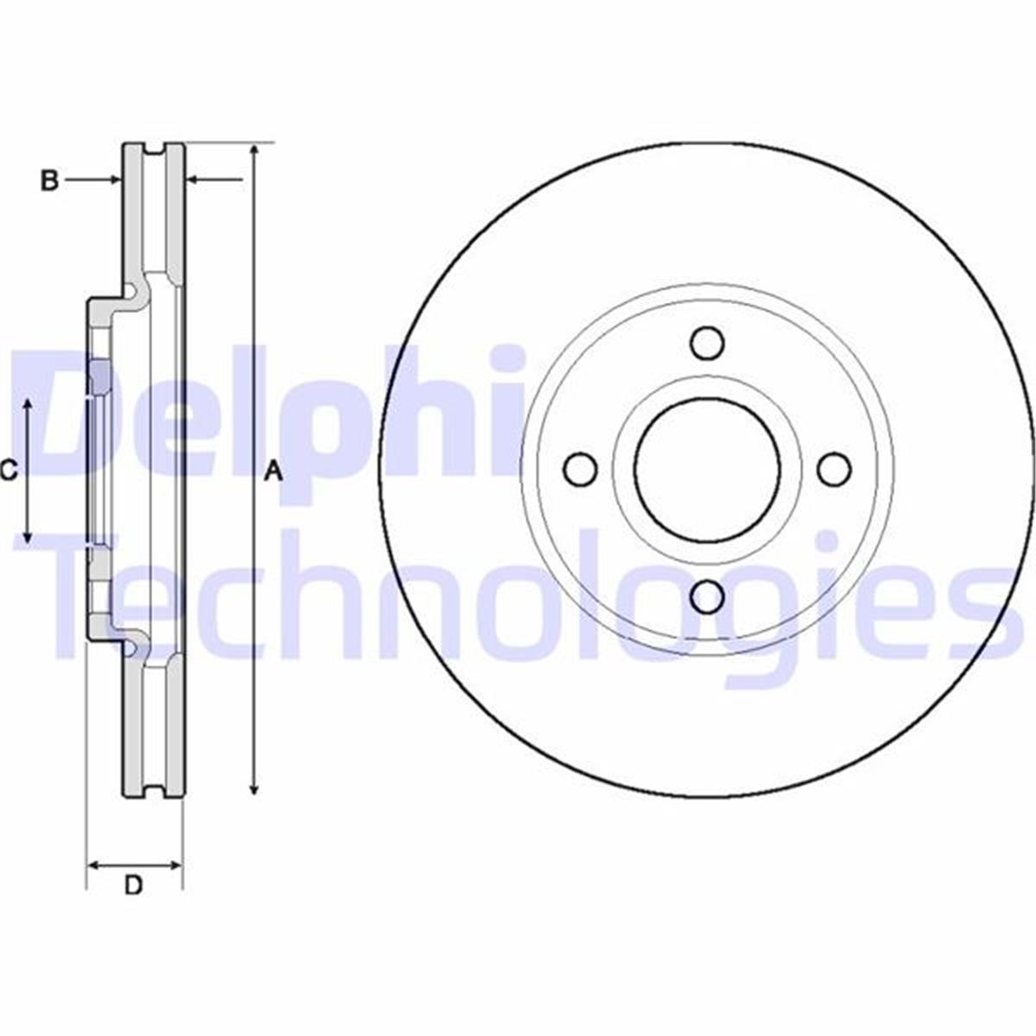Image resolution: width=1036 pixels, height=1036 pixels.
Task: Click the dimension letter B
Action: click(x=50, y=180)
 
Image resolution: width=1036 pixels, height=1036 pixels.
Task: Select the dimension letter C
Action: click(x=8, y=471)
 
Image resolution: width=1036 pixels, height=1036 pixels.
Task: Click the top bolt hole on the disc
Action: click(x=708, y=342)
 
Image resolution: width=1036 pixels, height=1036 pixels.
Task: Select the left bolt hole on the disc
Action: click(x=580, y=469)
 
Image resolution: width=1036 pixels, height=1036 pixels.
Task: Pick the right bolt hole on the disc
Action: click(x=834, y=469)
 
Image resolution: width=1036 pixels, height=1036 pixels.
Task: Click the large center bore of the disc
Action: click(x=708, y=469)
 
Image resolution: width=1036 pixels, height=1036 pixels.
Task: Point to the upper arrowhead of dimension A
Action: click(x=254, y=152)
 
